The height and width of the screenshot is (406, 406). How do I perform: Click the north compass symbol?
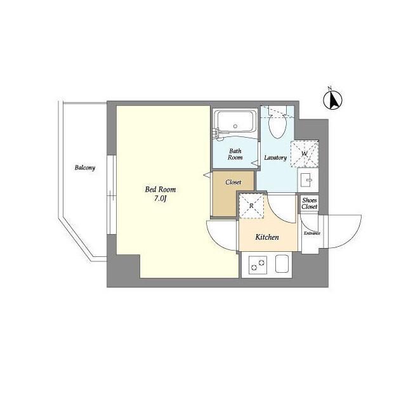[x=332, y=99]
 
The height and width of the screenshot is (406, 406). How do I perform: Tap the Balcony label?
[x=85, y=167]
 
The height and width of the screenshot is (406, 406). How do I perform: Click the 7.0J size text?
[x=160, y=199]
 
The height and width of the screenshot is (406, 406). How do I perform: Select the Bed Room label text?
[x=160, y=190]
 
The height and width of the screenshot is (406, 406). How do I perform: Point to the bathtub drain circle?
[x=235, y=126]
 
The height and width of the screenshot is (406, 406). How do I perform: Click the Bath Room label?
[x=235, y=154]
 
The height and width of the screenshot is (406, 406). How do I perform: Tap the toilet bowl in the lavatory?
[x=277, y=127]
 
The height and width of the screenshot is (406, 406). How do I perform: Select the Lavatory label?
[x=275, y=158]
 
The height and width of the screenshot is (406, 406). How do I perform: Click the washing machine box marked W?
[x=304, y=154]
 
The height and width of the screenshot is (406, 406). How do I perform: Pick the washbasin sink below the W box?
[x=308, y=180]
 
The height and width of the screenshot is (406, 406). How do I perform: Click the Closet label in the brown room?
[x=233, y=182]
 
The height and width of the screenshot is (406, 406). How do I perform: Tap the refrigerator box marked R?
[x=251, y=206]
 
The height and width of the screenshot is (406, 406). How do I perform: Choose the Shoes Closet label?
[x=310, y=203]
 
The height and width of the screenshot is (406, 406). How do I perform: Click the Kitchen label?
[x=267, y=237]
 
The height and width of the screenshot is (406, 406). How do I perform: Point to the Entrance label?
[x=312, y=233]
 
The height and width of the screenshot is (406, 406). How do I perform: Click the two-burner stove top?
[x=258, y=265]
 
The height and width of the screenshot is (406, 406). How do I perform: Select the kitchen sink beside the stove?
[x=282, y=264]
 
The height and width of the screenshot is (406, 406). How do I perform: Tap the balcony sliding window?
[x=112, y=195]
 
